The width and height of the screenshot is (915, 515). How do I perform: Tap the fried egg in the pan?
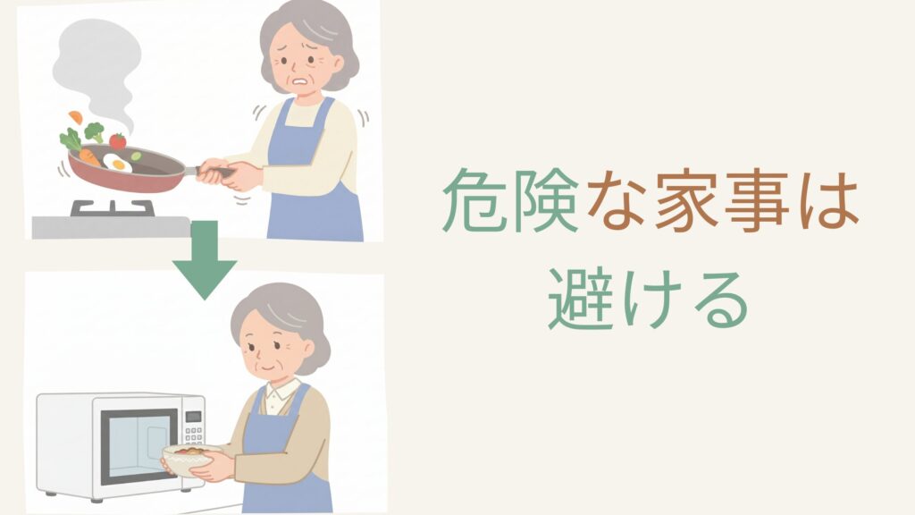(x=118, y=163)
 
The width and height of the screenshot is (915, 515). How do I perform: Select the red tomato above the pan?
(x=117, y=140)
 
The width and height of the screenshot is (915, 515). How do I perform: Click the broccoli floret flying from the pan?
(x=94, y=131)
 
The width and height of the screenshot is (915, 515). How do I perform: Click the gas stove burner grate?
(x=113, y=207)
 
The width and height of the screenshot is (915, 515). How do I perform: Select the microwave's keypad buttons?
(x=193, y=435)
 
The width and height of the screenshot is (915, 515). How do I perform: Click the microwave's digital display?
(x=193, y=417)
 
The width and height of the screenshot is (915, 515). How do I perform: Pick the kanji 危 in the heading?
(x=472, y=201)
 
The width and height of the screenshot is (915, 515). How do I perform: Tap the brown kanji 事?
(x=758, y=201)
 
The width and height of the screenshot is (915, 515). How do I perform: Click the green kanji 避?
(x=582, y=300)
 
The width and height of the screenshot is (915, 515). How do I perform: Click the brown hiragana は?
(x=827, y=201)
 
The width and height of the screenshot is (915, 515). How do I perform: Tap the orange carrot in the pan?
(x=89, y=157)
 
